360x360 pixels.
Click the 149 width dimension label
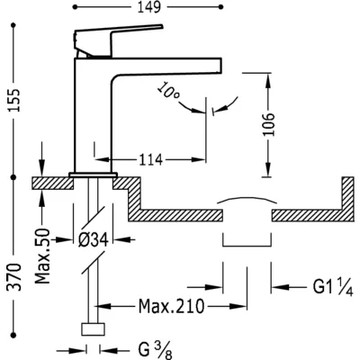click(x=149, y=7)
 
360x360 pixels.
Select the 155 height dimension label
click(x=14, y=100)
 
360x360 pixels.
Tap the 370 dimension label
click(x=14, y=276)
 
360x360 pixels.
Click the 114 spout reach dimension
click(x=150, y=159)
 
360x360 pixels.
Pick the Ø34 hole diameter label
click(x=93, y=239)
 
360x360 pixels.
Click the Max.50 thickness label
click(x=42, y=256)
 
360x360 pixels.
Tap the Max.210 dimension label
click(x=171, y=306)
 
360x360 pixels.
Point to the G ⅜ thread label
click(x=156, y=350)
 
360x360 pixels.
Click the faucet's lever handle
click(x=119, y=40)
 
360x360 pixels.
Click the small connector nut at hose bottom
click(x=93, y=329)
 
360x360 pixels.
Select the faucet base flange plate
click(x=93, y=175)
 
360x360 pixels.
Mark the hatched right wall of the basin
click(x=348, y=199)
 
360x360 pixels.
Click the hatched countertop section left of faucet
click(x=53, y=183)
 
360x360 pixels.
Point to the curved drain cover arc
click(x=247, y=198)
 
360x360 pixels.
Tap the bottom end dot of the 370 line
click(x=13, y=335)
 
